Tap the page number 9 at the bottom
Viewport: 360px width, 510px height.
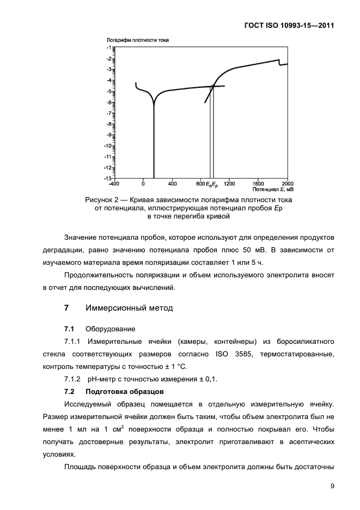pyautogui.click(x=332, y=486)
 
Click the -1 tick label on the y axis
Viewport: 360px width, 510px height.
pyautogui.click(x=109, y=48)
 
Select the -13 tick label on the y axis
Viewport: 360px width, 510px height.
pyautogui.click(x=108, y=178)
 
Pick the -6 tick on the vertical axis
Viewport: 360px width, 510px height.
pyautogui.click(x=109, y=102)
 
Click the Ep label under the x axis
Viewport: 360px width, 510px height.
pyautogui.click(x=215, y=185)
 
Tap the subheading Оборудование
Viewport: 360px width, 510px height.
pyautogui.click(x=109, y=329)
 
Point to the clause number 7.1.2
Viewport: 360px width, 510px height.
pyautogui.click(x=72, y=379)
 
